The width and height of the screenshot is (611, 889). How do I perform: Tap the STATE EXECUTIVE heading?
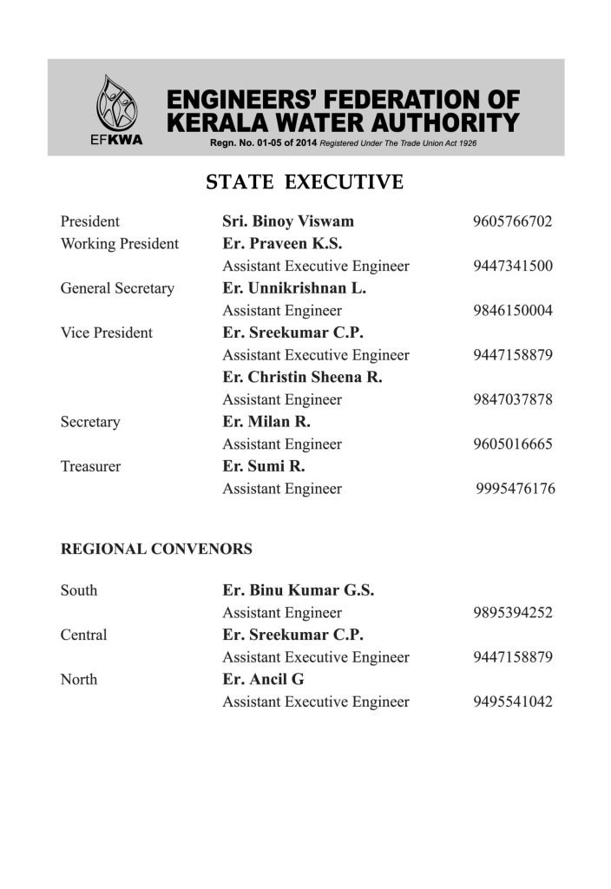pyautogui.click(x=305, y=182)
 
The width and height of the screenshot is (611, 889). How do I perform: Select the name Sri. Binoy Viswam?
pyautogui.click(x=288, y=221)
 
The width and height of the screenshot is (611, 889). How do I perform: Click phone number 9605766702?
pyautogui.click(x=513, y=221)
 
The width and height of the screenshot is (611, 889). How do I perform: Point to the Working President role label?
pyautogui.click(x=119, y=244)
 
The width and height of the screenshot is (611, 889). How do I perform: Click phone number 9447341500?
pyautogui.click(x=513, y=266)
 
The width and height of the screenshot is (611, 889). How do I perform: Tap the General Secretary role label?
pyautogui.click(x=117, y=288)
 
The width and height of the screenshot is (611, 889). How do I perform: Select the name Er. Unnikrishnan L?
pyautogui.click(x=294, y=288)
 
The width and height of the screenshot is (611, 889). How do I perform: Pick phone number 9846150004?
pyautogui.click(x=513, y=311)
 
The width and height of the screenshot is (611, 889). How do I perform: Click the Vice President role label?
pyautogui.click(x=106, y=333)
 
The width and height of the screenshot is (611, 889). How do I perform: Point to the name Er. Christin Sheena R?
pyautogui.click(x=302, y=378)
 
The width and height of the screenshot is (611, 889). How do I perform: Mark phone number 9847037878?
pyautogui.click(x=513, y=400)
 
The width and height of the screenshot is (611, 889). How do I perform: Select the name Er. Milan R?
pyautogui.click(x=266, y=422)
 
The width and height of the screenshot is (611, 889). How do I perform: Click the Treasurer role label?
pyautogui.click(x=90, y=466)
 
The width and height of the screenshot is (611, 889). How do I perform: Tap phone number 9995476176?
pyautogui.click(x=516, y=489)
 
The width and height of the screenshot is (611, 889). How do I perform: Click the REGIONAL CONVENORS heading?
pyautogui.click(x=156, y=549)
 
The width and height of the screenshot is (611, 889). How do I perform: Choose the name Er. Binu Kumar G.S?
pyautogui.click(x=299, y=590)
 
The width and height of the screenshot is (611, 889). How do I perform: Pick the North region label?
pyautogui.click(x=79, y=679)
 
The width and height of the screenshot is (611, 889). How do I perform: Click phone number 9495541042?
pyautogui.click(x=513, y=701)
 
